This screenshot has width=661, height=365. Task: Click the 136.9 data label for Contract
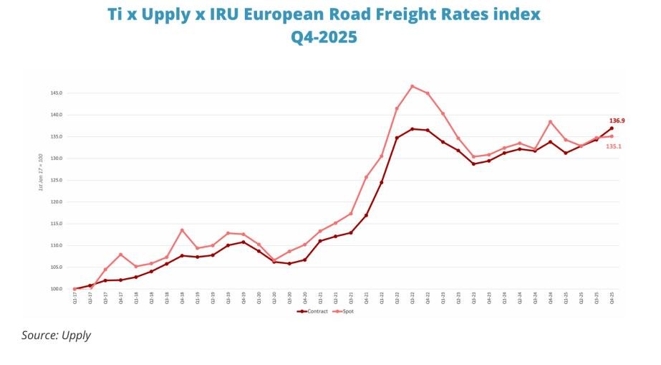[617, 120]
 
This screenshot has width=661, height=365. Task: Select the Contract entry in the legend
[314, 311]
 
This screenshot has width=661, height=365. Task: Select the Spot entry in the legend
[346, 311]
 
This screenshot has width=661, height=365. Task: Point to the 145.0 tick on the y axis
[57, 93]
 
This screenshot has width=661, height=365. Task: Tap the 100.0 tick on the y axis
[57, 289]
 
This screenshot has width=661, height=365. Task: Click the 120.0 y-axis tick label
[57, 202]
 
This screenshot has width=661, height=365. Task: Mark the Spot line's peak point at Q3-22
[412, 86]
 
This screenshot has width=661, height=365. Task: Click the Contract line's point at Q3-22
[412, 129]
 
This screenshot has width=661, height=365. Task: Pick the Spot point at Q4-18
[182, 230]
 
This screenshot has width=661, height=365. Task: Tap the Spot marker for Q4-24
[550, 122]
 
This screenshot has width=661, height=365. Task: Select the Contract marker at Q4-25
[612, 128]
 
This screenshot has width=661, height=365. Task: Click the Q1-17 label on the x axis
[74, 299]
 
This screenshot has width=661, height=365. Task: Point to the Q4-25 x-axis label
[612, 299]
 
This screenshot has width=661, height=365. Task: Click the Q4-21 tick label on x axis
[366, 299]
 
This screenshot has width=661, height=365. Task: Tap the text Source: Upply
[56, 335]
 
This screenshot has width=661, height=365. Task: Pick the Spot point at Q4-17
[120, 255]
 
